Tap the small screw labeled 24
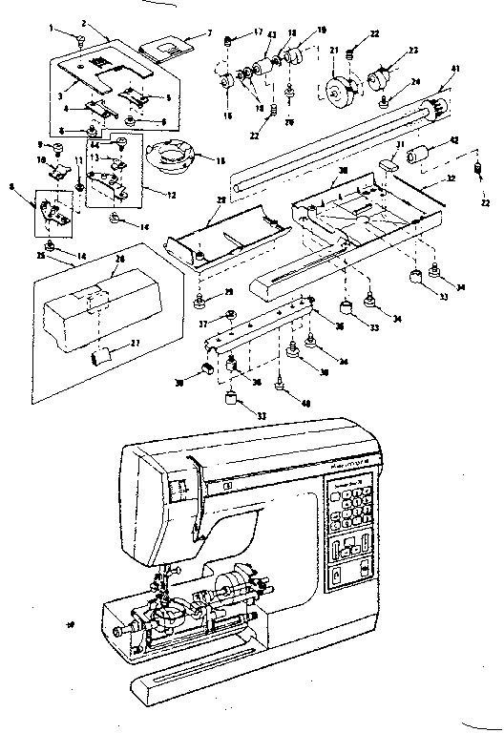384,100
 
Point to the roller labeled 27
102,356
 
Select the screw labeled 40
279,385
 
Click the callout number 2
84,22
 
